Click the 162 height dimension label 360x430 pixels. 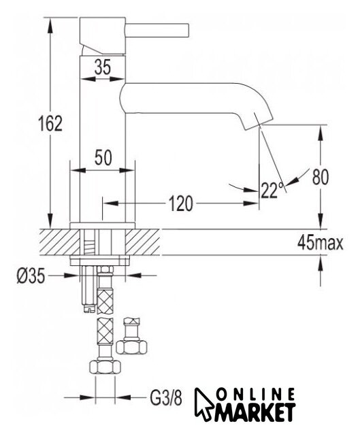point(50,124)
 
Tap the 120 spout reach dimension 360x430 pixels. point(180,203)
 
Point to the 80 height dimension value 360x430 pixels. point(321,177)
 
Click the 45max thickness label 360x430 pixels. point(321,242)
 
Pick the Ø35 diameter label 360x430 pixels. point(31,276)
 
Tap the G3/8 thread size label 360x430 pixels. point(166,397)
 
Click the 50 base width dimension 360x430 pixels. point(103,158)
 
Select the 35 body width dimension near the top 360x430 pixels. point(103,67)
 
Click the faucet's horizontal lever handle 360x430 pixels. point(157,30)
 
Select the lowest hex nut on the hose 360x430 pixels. point(105,367)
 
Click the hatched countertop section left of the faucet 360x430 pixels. point(59,242)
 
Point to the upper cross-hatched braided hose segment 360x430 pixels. point(105,301)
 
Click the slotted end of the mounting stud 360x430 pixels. point(88,309)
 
